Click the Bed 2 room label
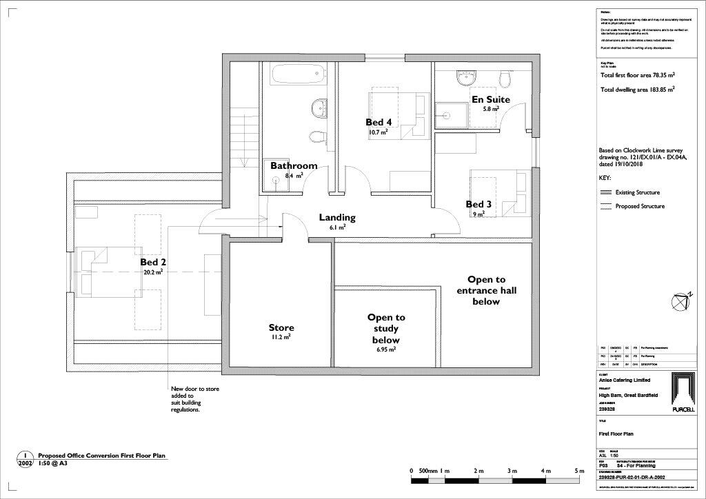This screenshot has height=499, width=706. (152, 263)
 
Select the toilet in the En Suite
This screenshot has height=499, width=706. (505, 81)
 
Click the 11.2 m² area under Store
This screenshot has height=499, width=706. (281, 338)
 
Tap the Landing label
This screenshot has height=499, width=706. (337, 218)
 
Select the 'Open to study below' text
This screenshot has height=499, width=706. (386, 329)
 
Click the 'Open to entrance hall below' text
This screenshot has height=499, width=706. (486, 290)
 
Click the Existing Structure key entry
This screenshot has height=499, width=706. (637, 193)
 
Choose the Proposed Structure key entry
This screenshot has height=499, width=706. (639, 206)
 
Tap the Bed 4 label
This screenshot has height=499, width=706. (379, 122)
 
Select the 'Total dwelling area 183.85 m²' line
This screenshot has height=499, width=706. (637, 90)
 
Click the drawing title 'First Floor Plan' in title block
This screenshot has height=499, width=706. (616, 434)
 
